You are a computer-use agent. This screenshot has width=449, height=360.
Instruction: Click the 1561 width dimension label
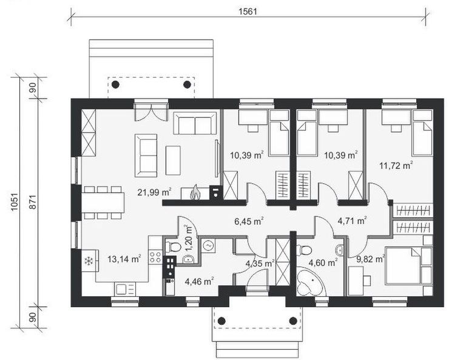248,11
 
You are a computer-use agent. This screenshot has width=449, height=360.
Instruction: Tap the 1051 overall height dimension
15,202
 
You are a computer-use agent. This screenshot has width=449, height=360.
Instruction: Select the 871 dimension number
33,202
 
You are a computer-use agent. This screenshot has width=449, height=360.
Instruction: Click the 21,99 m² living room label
155,192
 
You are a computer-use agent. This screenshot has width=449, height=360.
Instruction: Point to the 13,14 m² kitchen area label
124,259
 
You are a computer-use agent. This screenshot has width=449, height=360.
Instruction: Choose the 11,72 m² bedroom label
396,165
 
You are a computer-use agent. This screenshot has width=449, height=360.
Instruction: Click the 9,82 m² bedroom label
370,259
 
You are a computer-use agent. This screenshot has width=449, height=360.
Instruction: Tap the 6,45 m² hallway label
249,222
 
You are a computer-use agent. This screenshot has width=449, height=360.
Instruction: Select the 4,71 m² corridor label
352,221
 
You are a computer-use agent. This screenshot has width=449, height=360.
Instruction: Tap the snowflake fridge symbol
89,261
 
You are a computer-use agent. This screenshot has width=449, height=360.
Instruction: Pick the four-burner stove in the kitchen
155,257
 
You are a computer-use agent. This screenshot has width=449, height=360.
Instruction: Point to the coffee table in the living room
173,160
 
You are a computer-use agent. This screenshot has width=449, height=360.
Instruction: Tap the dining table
103,203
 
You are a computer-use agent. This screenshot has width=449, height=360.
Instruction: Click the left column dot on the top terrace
115,84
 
